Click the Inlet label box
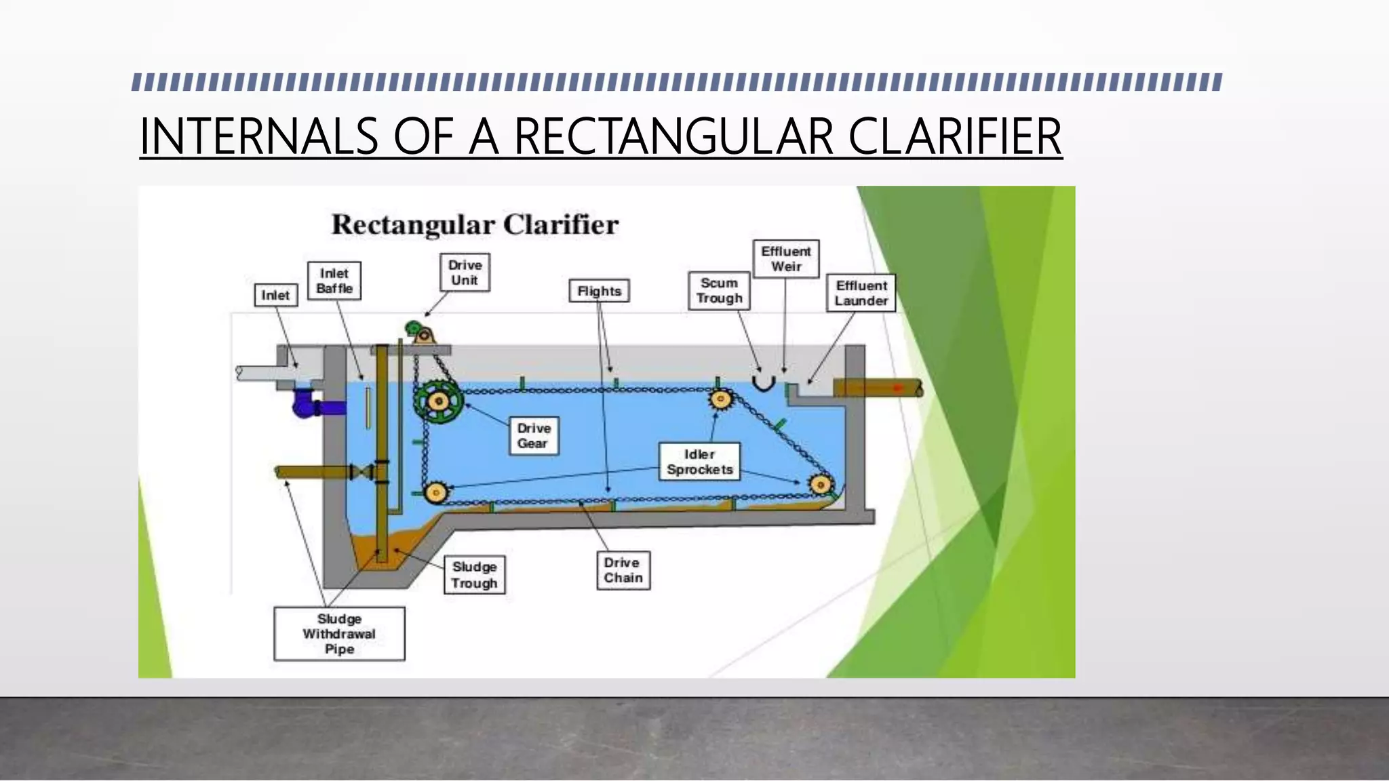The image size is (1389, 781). click(x=275, y=295)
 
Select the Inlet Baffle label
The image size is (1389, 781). click(x=334, y=281)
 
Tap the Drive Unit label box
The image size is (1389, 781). click(x=465, y=273)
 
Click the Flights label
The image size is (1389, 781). click(x=599, y=291)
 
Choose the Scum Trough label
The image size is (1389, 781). click(x=719, y=291)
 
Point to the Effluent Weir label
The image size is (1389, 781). click(x=786, y=259)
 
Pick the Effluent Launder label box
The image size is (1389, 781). click(x=861, y=293)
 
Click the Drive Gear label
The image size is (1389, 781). click(x=534, y=436)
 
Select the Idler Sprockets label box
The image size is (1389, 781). click(x=699, y=462)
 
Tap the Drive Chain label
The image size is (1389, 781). click(x=623, y=570)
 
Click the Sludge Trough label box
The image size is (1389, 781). click(x=474, y=575)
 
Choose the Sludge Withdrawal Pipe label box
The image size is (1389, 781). click(x=339, y=634)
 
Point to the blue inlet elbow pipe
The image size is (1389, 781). click(x=309, y=405)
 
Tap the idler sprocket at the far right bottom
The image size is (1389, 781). click(x=821, y=485)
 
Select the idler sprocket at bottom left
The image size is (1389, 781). click(x=435, y=492)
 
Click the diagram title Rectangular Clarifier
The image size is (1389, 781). click(x=475, y=225)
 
